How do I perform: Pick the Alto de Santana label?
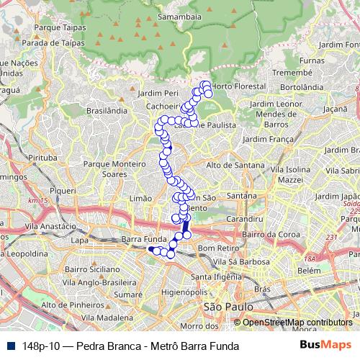[x=235, y=166]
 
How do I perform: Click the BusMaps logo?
[x=320, y=346]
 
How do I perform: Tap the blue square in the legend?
[x=11, y=346]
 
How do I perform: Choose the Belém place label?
[x=309, y=270]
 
